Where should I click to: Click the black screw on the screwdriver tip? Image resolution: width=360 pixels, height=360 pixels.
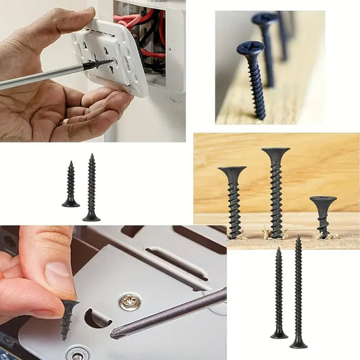[x=99, y=64]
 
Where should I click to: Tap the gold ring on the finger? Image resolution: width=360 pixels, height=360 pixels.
[x=65, y=122]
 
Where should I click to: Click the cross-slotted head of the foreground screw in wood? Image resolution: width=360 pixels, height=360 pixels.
[x=250, y=49]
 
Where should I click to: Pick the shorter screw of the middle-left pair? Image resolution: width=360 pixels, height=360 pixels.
[x=70, y=186]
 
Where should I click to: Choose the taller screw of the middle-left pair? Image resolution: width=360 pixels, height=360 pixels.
[x=91, y=189]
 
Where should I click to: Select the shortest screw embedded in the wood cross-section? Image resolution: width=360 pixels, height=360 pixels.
[x=323, y=213]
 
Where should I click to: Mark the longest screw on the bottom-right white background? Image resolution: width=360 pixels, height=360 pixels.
[x=299, y=294]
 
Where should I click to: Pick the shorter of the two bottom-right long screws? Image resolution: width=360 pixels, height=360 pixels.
[x=279, y=294]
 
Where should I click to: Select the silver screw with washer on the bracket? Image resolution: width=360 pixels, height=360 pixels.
[x=130, y=301]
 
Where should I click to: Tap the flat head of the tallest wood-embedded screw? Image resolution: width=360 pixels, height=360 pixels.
[x=276, y=151]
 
